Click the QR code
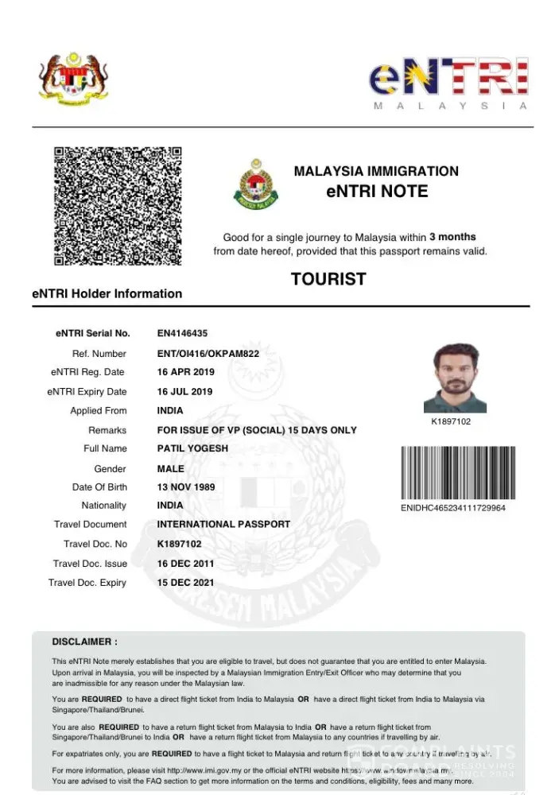tap(118, 205)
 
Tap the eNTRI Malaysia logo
tap(448, 83)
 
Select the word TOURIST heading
tap(328, 279)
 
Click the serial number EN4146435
tap(182, 333)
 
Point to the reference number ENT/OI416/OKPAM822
tap(208, 353)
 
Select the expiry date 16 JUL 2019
tap(184, 391)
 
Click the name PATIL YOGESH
tap(192, 448)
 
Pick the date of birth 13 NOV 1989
tap(186, 487)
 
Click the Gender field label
tap(110, 468)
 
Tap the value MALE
tap(171, 468)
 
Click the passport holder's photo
tap(455, 378)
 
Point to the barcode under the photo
tap(453, 472)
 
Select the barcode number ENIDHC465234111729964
tap(452, 507)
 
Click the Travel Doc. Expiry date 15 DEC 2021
tap(185, 583)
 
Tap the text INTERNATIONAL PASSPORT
tap(223, 525)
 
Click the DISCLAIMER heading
tap(85, 642)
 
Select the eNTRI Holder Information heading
tap(107, 293)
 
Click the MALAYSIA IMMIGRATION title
tap(376, 171)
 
